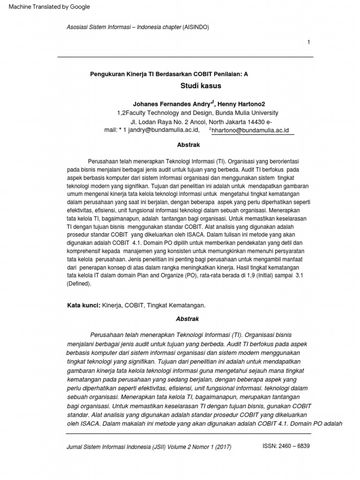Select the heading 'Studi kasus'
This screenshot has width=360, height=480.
pos(201,86)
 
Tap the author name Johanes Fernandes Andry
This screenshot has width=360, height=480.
pos(171,104)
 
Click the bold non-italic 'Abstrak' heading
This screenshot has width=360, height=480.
pos(188,145)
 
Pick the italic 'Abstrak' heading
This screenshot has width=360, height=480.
pos(187,319)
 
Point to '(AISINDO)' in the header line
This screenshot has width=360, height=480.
pos(196,27)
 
